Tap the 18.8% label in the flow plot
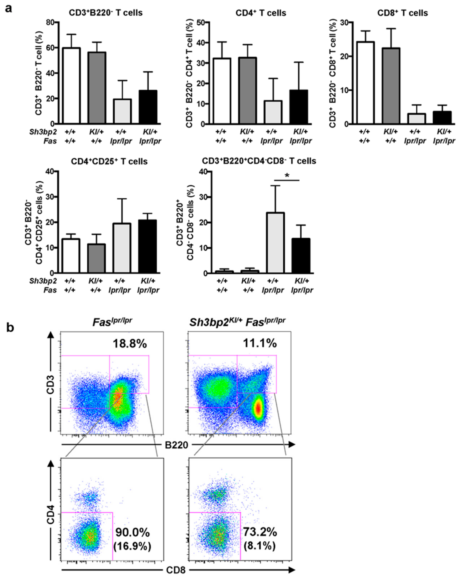tap(130, 343)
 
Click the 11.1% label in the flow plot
tap(260, 343)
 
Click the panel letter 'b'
tap(10, 328)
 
